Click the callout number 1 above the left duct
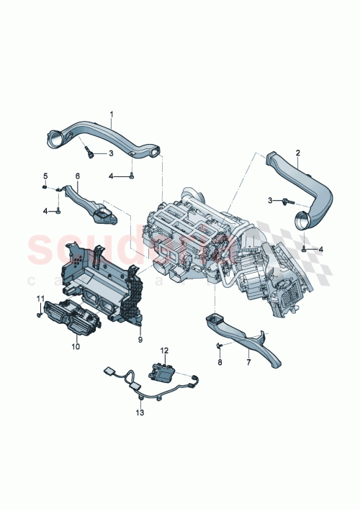pyautogui.click(x=112, y=114)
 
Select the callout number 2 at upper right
pyautogui.click(x=297, y=153)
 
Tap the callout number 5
pyautogui.click(x=45, y=176)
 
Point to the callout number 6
pyautogui.click(x=77, y=176)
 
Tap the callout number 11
pyautogui.click(x=41, y=298)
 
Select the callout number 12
pyautogui.click(x=164, y=351)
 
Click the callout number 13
pyautogui.click(x=141, y=413)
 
